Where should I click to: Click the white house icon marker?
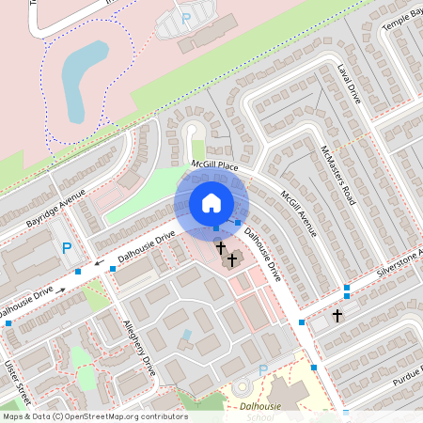pos(211,203)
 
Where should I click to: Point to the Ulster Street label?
pos(17,382)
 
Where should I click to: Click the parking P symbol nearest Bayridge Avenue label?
pos(67,249)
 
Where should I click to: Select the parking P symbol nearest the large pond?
pos(185,18)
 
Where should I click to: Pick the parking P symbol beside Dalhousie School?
pos(263,370)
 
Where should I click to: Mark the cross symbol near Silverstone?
pos(337,316)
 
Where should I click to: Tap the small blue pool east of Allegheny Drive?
pos(187,335)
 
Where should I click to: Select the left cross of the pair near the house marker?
pos(221,248)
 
